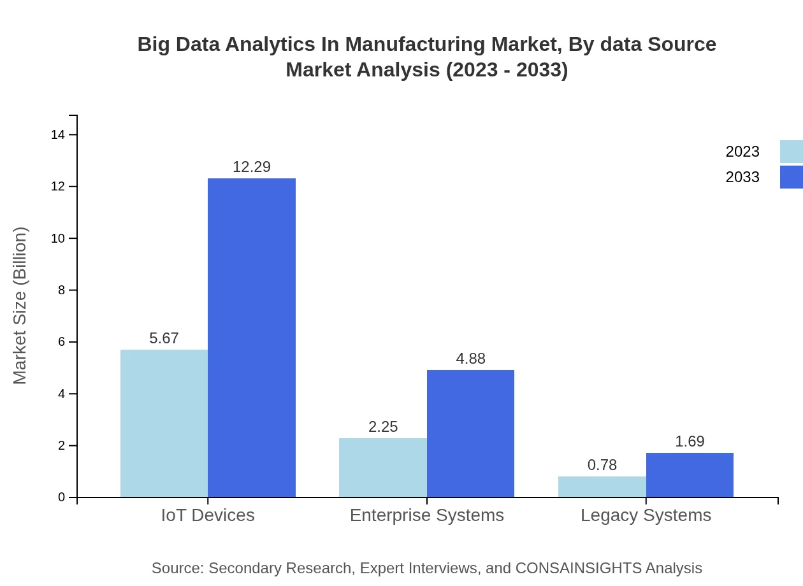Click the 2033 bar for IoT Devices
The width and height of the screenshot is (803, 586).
coord(252,338)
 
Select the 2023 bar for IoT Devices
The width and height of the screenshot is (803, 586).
coord(164,423)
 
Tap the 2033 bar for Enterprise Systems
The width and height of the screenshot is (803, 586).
coord(470,433)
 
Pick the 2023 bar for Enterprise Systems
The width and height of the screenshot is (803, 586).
coord(383,468)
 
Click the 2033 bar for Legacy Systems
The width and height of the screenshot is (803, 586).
coord(690,475)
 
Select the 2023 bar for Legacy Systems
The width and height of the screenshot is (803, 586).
coord(602,487)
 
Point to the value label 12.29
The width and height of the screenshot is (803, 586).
coord(252,167)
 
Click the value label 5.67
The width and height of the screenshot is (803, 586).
coord(164,338)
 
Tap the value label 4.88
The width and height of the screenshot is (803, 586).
coord(470,359)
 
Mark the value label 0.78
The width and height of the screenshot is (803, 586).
coord(602,465)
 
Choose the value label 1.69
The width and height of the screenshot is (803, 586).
coord(690,441)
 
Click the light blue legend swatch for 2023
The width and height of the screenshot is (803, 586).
coord(791,152)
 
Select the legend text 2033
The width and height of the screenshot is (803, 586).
coord(742,177)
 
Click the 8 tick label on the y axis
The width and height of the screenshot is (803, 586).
coord(61,290)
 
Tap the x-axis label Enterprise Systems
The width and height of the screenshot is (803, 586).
coord(427,515)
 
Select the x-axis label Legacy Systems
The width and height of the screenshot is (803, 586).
coord(646,515)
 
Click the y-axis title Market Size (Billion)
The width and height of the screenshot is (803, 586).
coord(20,306)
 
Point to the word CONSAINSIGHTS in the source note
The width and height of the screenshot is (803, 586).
coord(578,568)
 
